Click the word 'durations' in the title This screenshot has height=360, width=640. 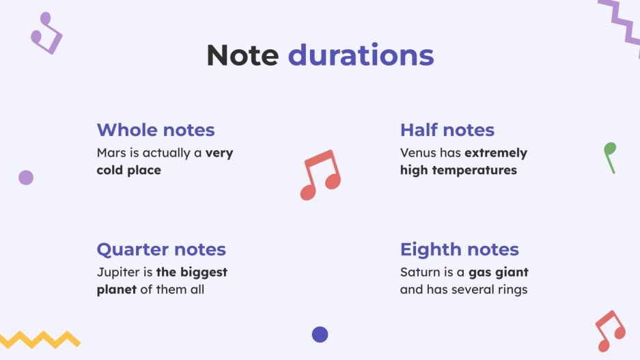361,55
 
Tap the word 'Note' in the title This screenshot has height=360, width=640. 242,55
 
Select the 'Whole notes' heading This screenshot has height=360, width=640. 156,130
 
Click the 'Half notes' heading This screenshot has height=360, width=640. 447,130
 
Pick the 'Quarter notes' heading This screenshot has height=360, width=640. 161,249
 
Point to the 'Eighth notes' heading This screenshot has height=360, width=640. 460,249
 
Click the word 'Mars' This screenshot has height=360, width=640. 111,153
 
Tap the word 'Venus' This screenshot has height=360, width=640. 417,153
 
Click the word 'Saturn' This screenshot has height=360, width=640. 420,272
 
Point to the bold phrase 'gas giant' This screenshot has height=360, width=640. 498,273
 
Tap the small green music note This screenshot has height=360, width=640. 609,156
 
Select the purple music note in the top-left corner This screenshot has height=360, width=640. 46,33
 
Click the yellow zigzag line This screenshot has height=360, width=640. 40,339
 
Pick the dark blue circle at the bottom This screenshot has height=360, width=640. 320,334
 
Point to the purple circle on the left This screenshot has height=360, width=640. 26,178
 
